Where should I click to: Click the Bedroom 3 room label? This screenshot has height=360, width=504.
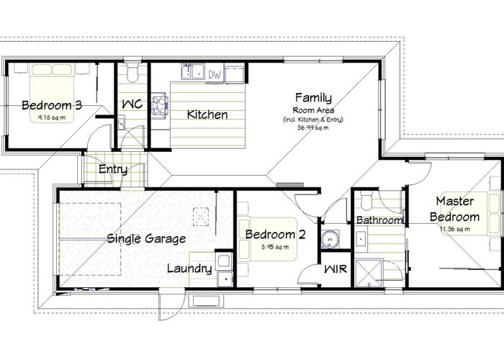51,105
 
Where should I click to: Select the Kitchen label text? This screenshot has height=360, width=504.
207,114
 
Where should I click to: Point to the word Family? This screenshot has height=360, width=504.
313,98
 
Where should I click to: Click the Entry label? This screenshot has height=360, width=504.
113,171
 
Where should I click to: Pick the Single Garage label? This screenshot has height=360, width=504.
146,238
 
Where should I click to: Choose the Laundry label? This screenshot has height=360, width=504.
189,269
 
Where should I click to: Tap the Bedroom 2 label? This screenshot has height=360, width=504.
276,235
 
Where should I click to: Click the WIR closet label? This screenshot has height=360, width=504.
335,269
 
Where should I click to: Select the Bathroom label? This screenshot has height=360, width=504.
379,220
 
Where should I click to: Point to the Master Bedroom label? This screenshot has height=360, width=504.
454,209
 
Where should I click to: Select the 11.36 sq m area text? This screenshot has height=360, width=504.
454,229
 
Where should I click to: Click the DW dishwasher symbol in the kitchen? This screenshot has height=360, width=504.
215,73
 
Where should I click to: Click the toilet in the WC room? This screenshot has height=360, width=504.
132,73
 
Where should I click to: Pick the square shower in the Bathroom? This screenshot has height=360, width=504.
372,272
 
